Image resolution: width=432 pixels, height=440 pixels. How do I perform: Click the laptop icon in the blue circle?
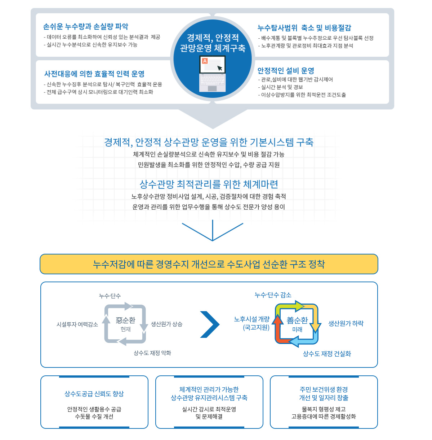(x=213, y=74)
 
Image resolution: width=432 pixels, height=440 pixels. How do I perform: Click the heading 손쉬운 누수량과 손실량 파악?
(x=86, y=26)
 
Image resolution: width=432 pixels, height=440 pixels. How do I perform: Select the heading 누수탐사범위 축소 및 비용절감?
(x=304, y=28)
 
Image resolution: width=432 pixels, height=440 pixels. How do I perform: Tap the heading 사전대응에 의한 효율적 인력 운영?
(x=94, y=74)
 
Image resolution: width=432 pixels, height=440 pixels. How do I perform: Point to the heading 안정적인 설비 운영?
(x=286, y=71)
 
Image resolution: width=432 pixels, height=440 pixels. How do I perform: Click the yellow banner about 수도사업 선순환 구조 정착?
(x=209, y=264)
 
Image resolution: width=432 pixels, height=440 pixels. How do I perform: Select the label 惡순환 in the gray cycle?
(x=125, y=320)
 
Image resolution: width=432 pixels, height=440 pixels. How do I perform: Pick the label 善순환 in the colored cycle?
(x=297, y=320)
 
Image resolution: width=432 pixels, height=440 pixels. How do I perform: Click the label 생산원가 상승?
(x=166, y=324)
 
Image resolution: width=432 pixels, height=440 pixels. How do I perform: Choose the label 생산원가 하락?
(x=346, y=323)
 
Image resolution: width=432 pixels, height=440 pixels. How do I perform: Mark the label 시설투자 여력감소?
(x=77, y=324)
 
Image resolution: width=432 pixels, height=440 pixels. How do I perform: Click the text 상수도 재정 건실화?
(x=327, y=354)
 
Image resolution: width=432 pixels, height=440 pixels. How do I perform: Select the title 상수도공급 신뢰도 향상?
(x=94, y=394)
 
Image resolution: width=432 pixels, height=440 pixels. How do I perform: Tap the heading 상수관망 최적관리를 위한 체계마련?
(x=209, y=184)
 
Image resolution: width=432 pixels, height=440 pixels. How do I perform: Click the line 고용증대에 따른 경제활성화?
(x=324, y=417)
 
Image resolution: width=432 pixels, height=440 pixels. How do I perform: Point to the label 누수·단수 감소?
(x=273, y=295)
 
